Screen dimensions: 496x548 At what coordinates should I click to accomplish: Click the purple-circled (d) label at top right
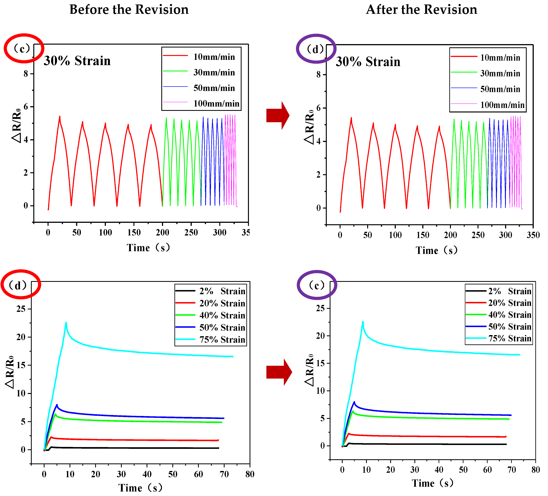click(x=315, y=49)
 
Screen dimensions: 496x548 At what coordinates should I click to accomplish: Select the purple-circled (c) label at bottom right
click(x=317, y=285)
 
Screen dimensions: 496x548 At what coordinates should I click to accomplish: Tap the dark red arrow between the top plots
click(x=278, y=115)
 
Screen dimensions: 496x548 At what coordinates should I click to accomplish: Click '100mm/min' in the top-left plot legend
click(x=216, y=103)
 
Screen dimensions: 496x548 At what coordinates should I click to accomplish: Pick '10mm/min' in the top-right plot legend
click(x=500, y=58)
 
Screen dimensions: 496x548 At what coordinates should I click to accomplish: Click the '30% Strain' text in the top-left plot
click(x=77, y=61)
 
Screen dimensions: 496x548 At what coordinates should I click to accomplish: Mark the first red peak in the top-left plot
click(x=60, y=116)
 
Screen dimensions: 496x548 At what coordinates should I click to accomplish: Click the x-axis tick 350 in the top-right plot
click(x=533, y=235)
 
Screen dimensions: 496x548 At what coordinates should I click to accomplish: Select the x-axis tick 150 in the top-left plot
click(x=134, y=232)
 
